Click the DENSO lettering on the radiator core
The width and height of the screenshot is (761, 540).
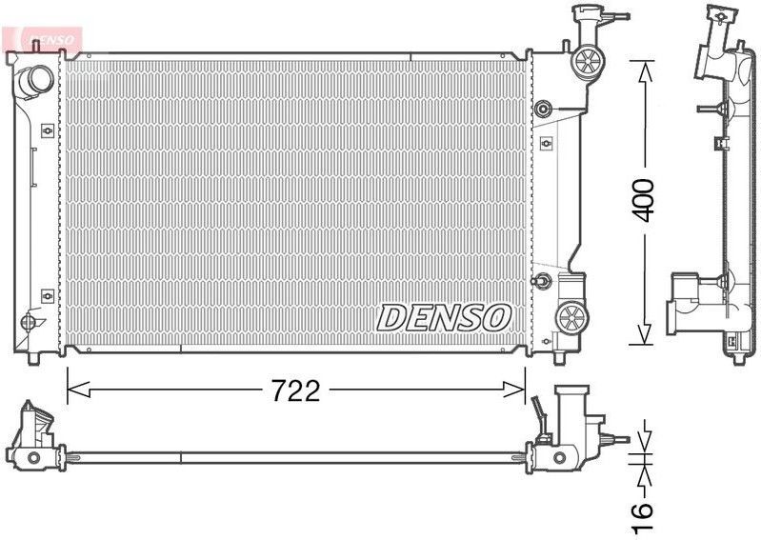coord(446,317)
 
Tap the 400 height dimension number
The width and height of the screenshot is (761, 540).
coord(645,199)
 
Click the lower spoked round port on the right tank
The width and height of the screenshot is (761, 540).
coord(571,316)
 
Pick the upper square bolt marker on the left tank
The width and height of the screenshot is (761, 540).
coord(47,128)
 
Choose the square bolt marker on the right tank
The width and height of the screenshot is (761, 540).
coord(545,144)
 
